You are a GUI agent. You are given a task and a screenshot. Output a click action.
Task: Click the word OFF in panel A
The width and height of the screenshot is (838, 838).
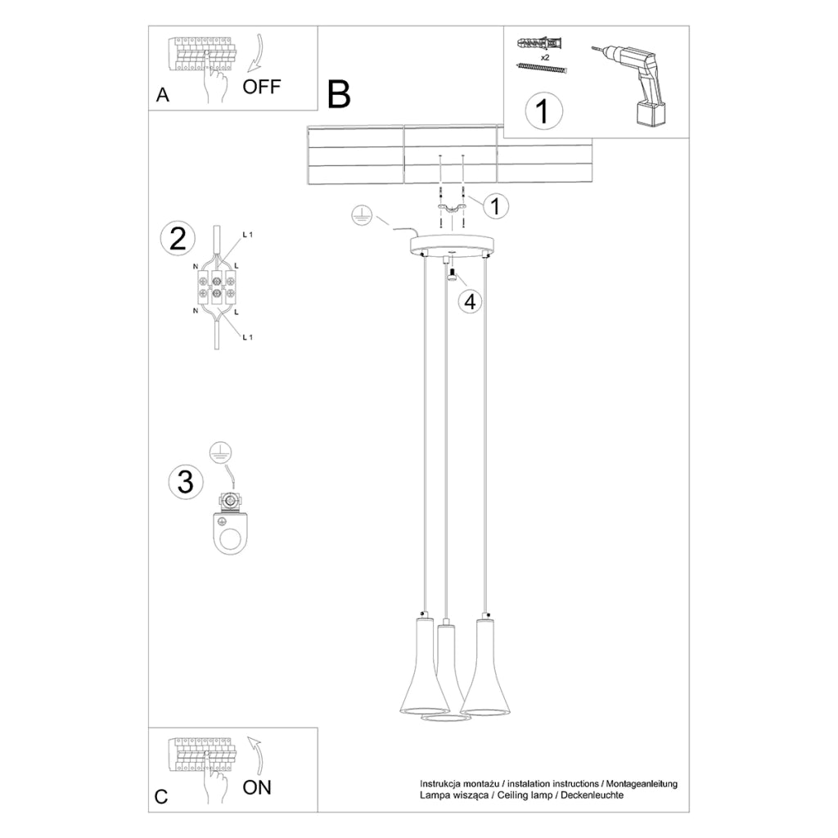(262, 87)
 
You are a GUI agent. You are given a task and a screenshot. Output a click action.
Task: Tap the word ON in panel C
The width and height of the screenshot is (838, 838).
(257, 787)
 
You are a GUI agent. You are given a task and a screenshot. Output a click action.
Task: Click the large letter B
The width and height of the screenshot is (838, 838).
(339, 95)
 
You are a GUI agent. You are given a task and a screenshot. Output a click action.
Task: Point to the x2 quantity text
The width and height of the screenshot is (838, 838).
(544, 57)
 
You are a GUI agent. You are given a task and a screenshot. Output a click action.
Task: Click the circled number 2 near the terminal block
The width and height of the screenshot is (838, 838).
(178, 238)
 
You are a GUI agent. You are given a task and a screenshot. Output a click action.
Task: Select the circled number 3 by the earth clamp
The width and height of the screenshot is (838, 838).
(185, 481)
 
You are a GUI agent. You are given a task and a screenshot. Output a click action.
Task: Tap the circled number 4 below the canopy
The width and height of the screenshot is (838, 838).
(469, 301)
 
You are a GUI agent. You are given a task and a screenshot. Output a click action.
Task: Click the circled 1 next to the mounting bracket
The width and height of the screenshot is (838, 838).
(494, 206)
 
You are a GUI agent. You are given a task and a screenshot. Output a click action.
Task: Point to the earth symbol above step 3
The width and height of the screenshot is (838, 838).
(217, 449)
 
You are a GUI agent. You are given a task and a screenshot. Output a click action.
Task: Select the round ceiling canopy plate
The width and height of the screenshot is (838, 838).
(453, 245)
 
